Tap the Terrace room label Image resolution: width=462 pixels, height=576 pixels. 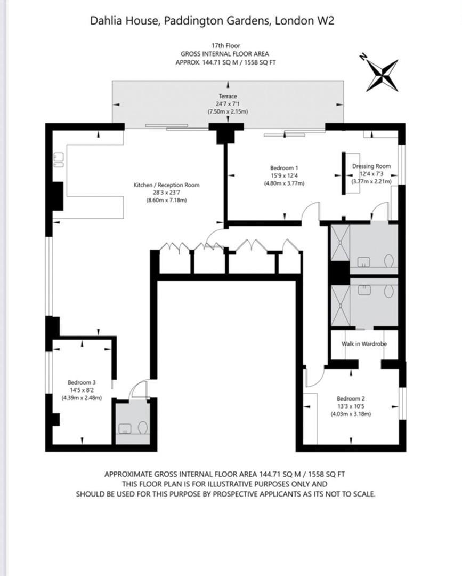click(x=228, y=96)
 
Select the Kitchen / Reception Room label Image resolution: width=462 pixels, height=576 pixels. click(x=167, y=185)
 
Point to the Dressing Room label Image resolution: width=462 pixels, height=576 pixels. click(x=371, y=166)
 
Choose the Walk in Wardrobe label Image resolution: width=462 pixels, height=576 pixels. click(x=364, y=344)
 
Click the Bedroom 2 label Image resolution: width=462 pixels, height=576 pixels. click(x=351, y=398)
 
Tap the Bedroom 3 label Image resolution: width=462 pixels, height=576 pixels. click(x=82, y=382)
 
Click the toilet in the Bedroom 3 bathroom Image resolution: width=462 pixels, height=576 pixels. click(x=143, y=427)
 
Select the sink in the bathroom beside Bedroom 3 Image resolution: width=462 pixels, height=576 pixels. click(x=125, y=428)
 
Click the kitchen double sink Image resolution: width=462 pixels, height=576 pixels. click(x=59, y=159)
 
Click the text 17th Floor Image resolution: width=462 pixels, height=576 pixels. click(x=226, y=45)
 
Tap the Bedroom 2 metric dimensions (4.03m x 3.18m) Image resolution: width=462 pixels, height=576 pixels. click(x=351, y=414)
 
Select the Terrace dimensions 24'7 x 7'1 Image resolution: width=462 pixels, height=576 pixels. click(x=228, y=104)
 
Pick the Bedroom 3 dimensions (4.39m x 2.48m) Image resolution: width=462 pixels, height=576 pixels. click(x=82, y=398)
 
